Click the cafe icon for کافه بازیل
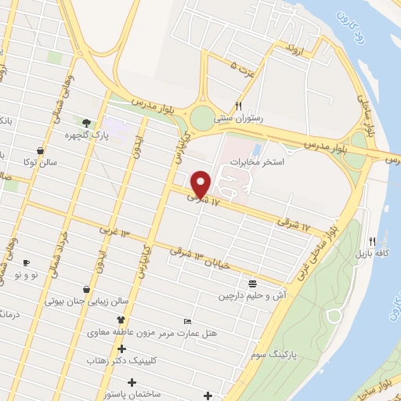pos(373,241)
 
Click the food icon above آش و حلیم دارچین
pos(251,284)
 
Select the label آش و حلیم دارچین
pos(250,297)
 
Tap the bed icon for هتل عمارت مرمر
pos(187,321)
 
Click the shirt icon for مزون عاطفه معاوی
pos(121,320)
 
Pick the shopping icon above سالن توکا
pos(40,150)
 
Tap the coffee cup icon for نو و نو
pos(26,263)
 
